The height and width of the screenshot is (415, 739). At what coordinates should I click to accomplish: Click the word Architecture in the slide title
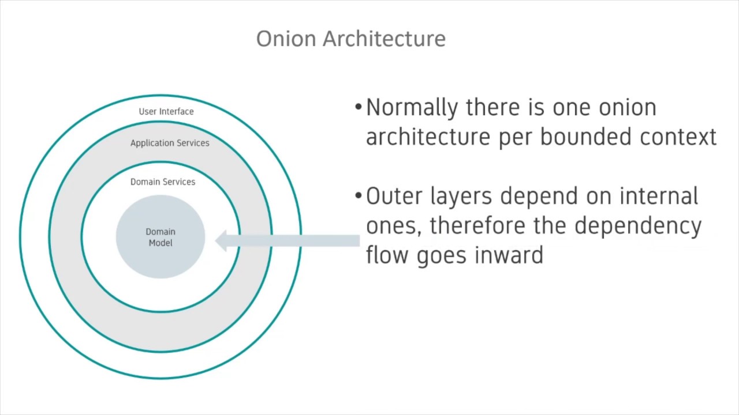pos(384,39)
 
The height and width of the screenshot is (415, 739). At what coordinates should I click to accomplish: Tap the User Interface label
pos(166,111)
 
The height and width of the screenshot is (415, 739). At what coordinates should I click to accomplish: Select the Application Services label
pos(170,143)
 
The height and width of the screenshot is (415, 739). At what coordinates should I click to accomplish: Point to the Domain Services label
pos(163,182)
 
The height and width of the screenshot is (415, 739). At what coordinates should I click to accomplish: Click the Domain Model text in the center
pos(161,237)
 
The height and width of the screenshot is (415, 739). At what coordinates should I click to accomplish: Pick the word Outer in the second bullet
pos(395,197)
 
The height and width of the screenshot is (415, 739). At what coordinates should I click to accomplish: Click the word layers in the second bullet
pos(462,197)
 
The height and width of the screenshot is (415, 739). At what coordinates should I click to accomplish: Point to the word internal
pos(658,197)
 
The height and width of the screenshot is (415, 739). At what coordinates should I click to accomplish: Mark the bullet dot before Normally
pos(359,108)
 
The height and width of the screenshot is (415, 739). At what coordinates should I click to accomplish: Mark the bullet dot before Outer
pos(359,197)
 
